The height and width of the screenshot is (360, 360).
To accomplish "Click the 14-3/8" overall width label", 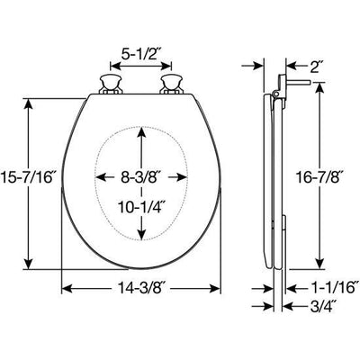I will [144, 289].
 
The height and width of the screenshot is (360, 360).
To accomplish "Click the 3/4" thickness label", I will [310, 305].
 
